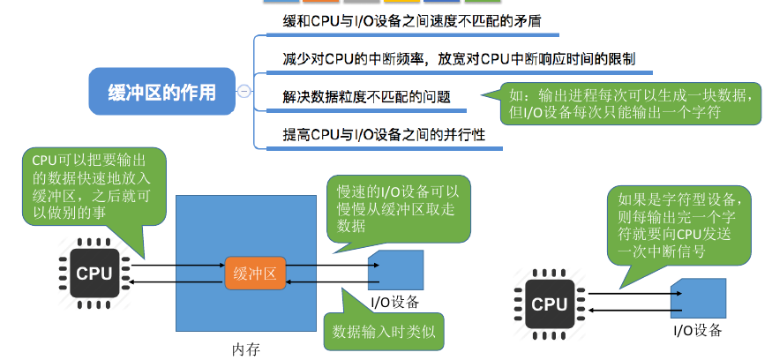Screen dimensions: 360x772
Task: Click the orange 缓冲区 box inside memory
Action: coord(255,274)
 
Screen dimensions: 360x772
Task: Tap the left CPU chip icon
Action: coord(94,273)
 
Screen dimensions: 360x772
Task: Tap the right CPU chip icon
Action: coord(550,304)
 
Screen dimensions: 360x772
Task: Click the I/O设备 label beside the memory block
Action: coord(394,303)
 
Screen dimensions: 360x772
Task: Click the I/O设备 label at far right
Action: coord(697,331)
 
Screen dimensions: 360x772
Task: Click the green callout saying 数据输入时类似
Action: coord(385,333)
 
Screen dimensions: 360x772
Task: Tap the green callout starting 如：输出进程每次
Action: coord(629,104)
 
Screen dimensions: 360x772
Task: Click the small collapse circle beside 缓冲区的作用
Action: coord(244,91)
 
